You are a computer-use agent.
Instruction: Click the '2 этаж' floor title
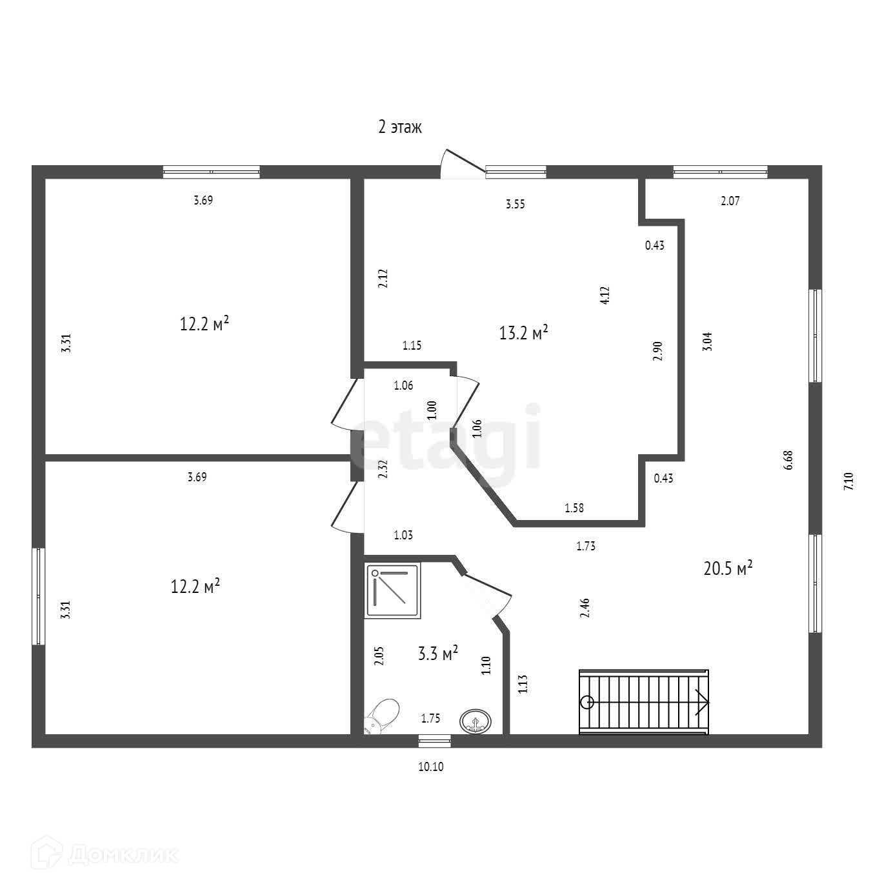399,127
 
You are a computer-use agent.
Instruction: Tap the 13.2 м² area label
523,332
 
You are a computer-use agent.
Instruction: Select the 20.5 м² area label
728,568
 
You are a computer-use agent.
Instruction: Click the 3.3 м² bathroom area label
438,654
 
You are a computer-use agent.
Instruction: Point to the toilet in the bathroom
382,716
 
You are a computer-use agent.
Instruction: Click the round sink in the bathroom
476,721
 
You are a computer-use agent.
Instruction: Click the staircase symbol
643,702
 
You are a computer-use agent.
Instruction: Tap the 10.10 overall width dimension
432,766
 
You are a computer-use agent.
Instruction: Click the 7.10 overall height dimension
848,482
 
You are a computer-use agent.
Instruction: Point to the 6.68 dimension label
788,460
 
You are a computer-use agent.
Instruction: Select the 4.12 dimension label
605,295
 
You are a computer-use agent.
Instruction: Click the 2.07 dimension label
730,201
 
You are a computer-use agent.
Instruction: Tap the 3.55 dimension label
515,205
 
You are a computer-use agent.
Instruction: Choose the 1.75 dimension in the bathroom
430,718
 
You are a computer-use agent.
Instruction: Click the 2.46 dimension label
585,608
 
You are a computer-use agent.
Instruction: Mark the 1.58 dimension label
574,508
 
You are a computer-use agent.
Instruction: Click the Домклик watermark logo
108,855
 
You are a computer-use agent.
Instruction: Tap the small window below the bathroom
434,741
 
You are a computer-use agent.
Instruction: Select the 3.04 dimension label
708,341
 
